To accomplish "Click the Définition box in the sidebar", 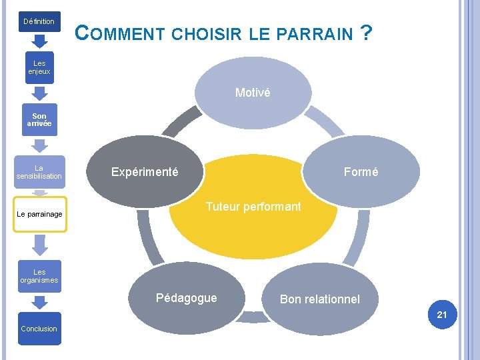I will pos(39,21).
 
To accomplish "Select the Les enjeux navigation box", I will pos(39,67).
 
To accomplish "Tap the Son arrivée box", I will pos(39,120).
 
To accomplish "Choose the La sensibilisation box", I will pos(39,172).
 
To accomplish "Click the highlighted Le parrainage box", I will pos(40,214).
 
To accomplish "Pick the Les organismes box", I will pos(39,276).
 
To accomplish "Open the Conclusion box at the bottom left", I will pos(39,328).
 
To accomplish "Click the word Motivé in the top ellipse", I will pos(253,93).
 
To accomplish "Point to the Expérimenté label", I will pos(145,172).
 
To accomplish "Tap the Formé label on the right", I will pos(361,172).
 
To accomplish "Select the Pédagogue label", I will pos(186,298).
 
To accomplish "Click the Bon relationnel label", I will pos(319,299).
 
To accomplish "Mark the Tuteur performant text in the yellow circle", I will pos(253,207).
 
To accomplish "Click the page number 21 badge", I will pos(442,315).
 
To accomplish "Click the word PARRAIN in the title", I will pos(319,33).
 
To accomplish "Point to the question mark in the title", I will pos(365,31).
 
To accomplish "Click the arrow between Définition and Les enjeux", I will pos(39,42).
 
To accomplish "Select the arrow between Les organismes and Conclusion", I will pos(39,302).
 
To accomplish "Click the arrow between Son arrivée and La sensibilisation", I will pos(39,145).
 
